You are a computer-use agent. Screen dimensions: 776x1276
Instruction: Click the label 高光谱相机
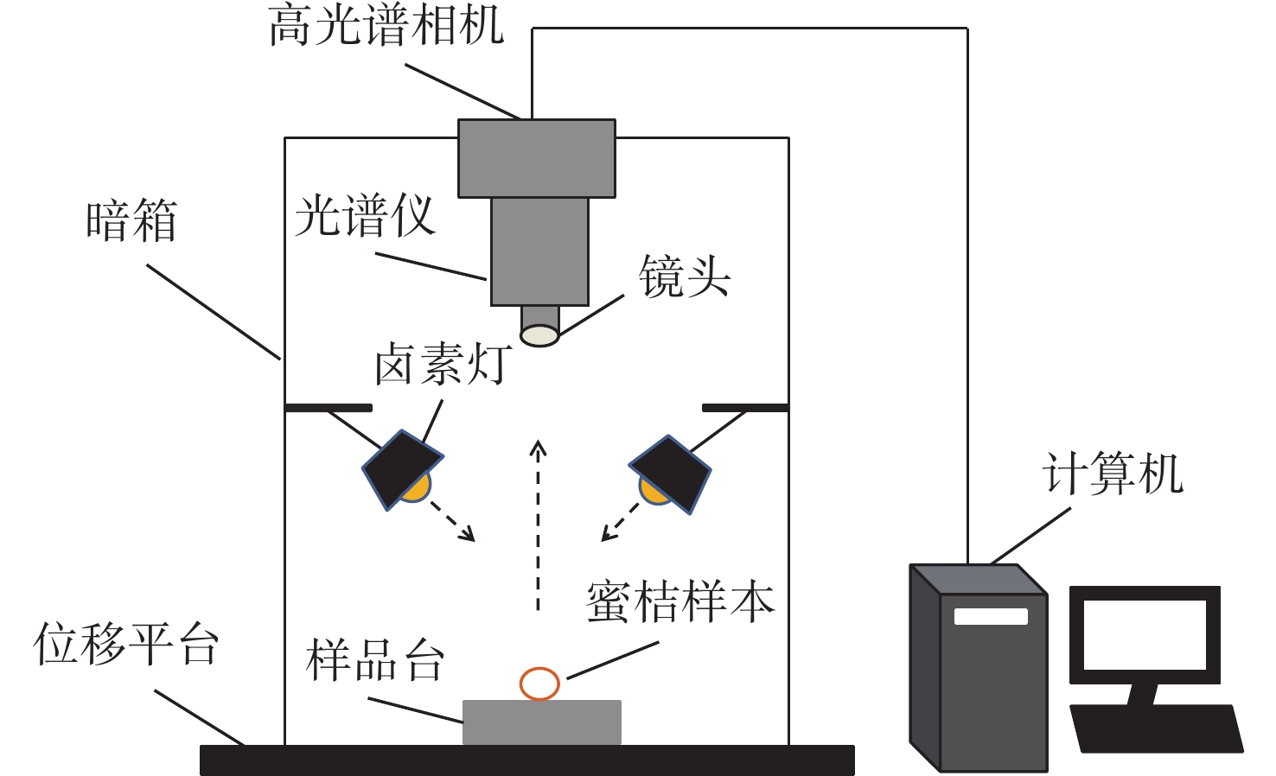(386, 25)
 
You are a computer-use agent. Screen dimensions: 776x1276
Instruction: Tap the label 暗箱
(131, 220)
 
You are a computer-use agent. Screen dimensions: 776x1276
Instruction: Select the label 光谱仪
(364, 215)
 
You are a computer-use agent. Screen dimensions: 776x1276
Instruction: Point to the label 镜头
(685, 277)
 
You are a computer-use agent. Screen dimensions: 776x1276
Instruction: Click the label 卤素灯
(443, 364)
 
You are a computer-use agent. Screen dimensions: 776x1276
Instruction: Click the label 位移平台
(126, 645)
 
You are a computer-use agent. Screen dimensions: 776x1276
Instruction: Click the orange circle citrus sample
(539, 684)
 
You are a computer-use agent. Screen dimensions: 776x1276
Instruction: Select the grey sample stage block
(542, 722)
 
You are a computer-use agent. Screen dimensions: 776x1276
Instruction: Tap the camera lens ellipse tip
(539, 335)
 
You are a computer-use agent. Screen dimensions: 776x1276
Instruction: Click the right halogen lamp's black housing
(672, 472)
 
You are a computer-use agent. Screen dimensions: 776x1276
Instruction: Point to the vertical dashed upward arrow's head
(539, 448)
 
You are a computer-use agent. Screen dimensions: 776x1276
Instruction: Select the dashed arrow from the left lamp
(453, 521)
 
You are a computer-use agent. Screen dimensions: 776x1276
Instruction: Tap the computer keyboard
(1156, 728)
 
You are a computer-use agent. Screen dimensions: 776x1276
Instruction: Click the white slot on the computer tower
(991, 616)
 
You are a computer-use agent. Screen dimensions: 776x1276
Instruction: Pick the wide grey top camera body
(537, 158)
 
